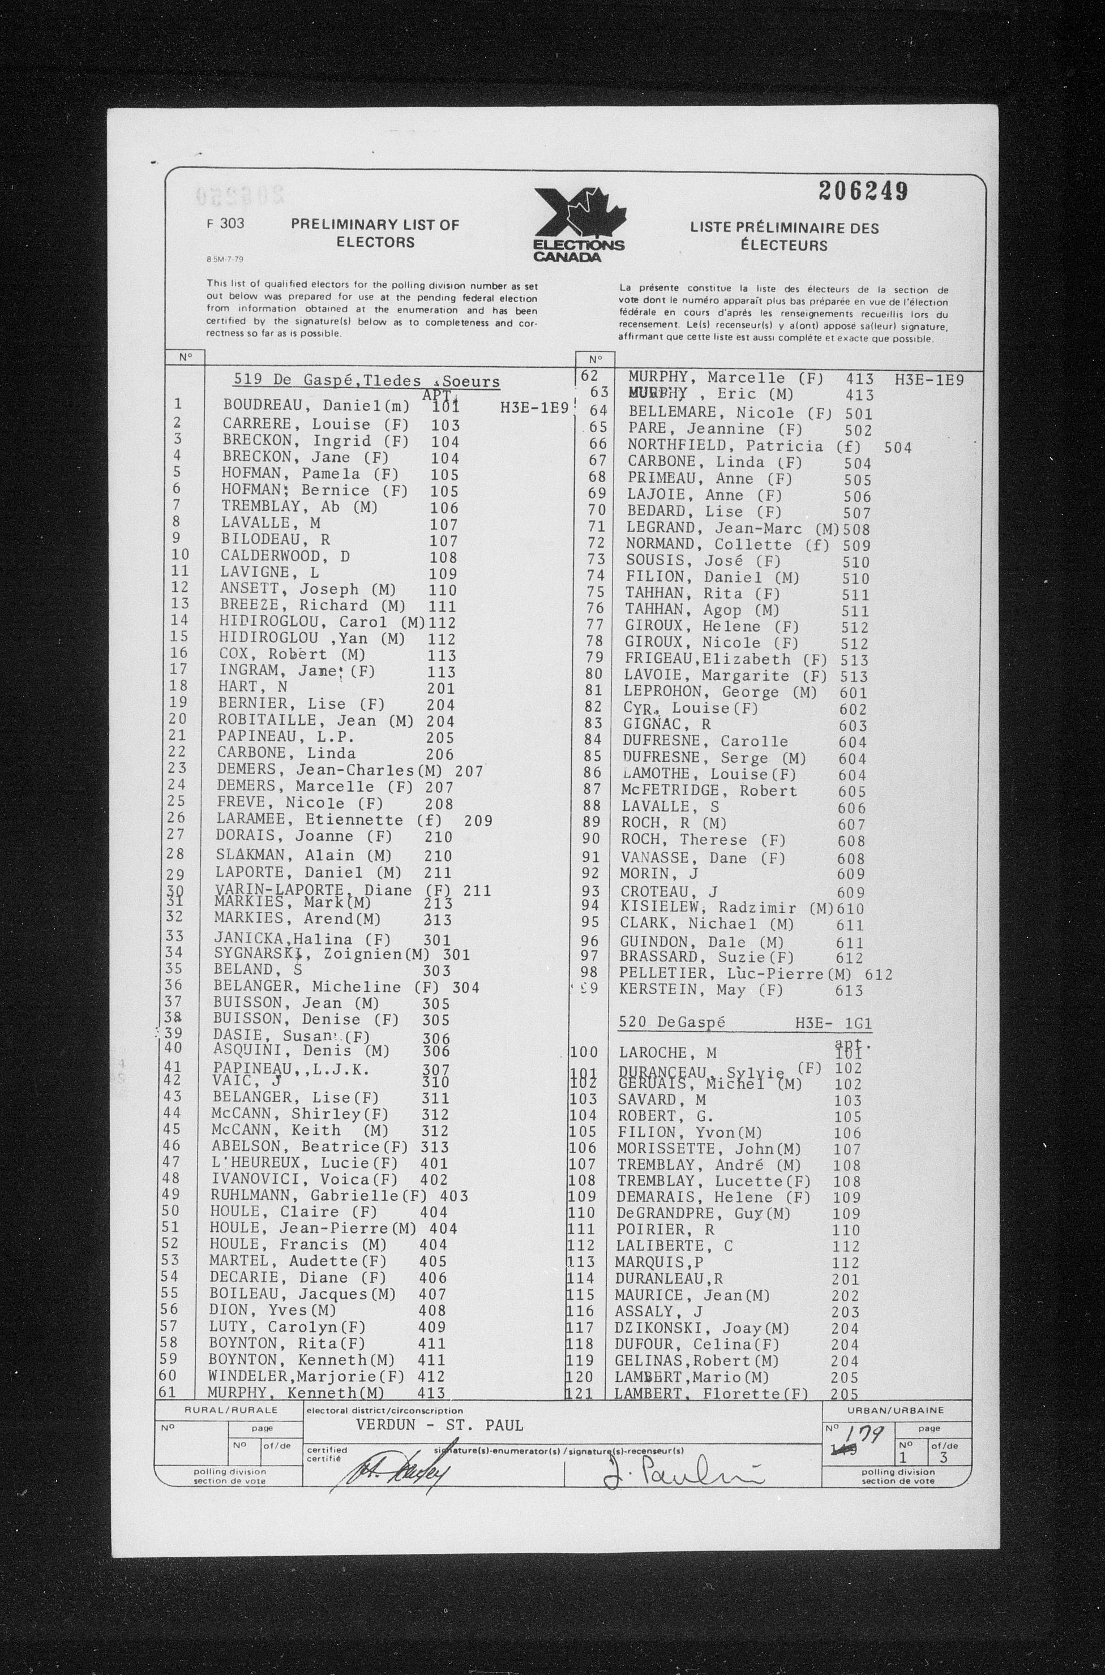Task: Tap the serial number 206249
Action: [863, 191]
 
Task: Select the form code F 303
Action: [222, 224]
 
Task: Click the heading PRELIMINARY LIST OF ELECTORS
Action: [375, 233]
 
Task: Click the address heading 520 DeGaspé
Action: [671, 1023]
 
